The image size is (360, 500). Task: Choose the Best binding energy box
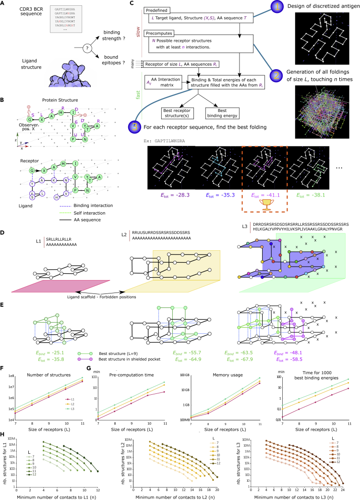[224, 113]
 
